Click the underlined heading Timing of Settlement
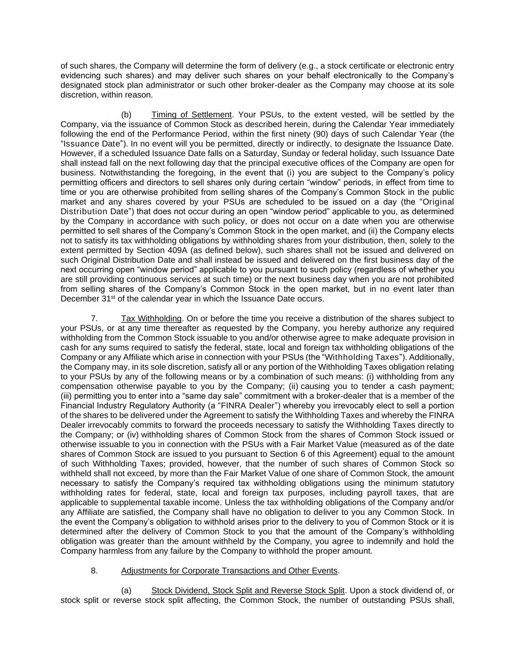pos(191,115)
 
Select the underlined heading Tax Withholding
pos(151,319)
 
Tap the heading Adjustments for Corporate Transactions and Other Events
pos(229,571)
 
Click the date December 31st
pos(88,299)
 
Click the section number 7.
pos(94,319)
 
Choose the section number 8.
pos(94,571)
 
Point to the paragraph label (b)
pos(126,115)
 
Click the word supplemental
pos(125,503)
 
